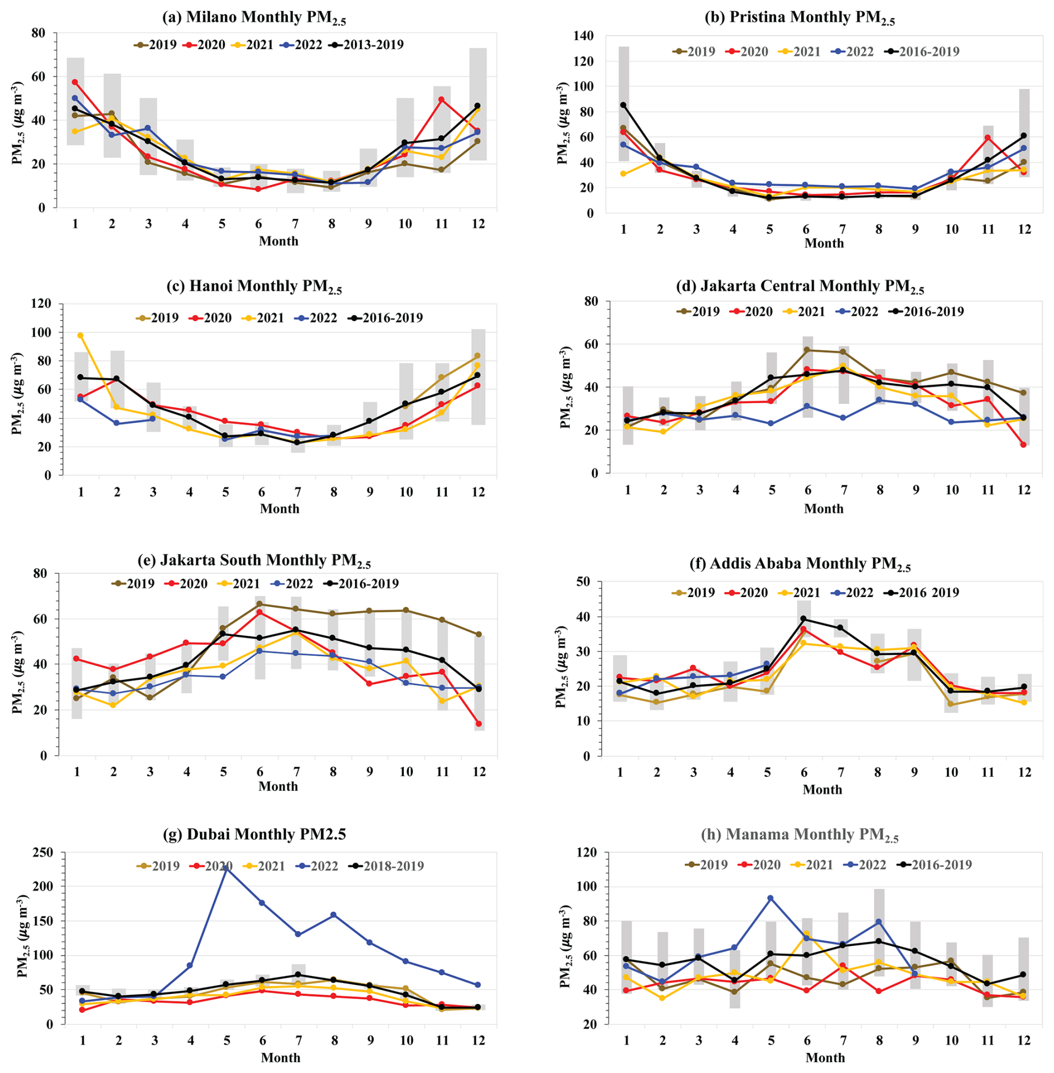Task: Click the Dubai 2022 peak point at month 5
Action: point(226,866)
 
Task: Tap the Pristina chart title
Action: point(799,18)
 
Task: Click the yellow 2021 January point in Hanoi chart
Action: point(80,336)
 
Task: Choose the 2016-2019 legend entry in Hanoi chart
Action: point(386,318)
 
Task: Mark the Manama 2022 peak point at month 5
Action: point(770,898)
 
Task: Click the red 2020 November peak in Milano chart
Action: point(441,100)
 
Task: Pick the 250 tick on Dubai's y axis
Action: point(42,852)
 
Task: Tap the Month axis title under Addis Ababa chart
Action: point(822,790)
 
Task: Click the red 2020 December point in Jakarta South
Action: point(479,724)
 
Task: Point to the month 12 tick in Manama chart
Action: point(1024,1040)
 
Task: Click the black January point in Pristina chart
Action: point(623,105)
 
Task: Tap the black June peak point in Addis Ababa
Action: point(804,619)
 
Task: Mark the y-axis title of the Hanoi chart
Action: point(18,393)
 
